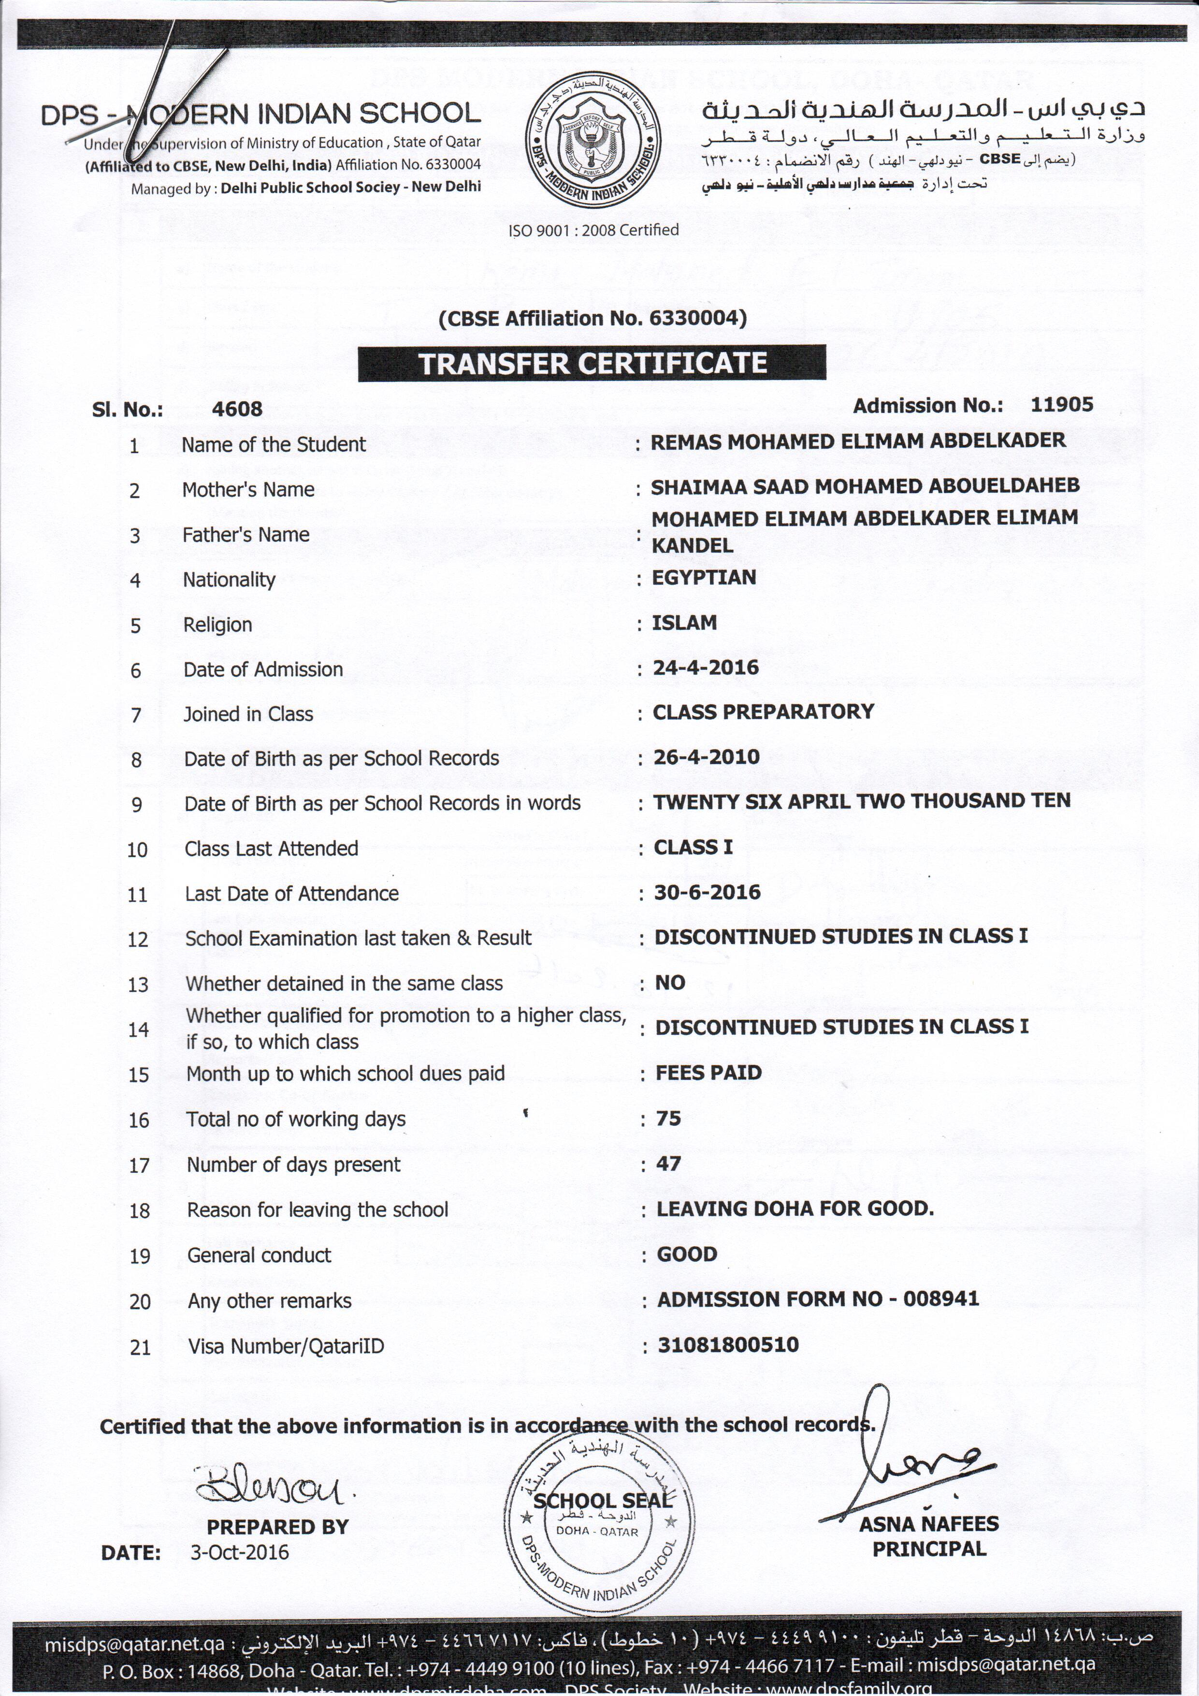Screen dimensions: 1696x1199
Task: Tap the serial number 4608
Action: (237, 409)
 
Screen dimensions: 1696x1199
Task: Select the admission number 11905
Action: (1062, 404)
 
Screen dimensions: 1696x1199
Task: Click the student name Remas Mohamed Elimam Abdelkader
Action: (857, 441)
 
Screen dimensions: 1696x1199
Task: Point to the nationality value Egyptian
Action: (704, 577)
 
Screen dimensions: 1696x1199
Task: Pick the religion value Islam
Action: (684, 623)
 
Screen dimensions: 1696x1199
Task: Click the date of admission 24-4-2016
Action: (706, 668)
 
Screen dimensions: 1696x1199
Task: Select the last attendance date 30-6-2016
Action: (707, 892)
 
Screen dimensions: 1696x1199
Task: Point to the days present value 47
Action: (668, 1164)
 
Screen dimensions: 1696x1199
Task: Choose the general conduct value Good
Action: (687, 1254)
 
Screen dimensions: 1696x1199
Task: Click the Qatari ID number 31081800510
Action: (728, 1344)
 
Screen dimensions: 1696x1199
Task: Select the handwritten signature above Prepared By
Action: (270, 1483)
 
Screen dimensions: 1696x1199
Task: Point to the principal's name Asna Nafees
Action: (928, 1524)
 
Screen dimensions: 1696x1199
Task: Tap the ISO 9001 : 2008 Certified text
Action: (593, 230)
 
